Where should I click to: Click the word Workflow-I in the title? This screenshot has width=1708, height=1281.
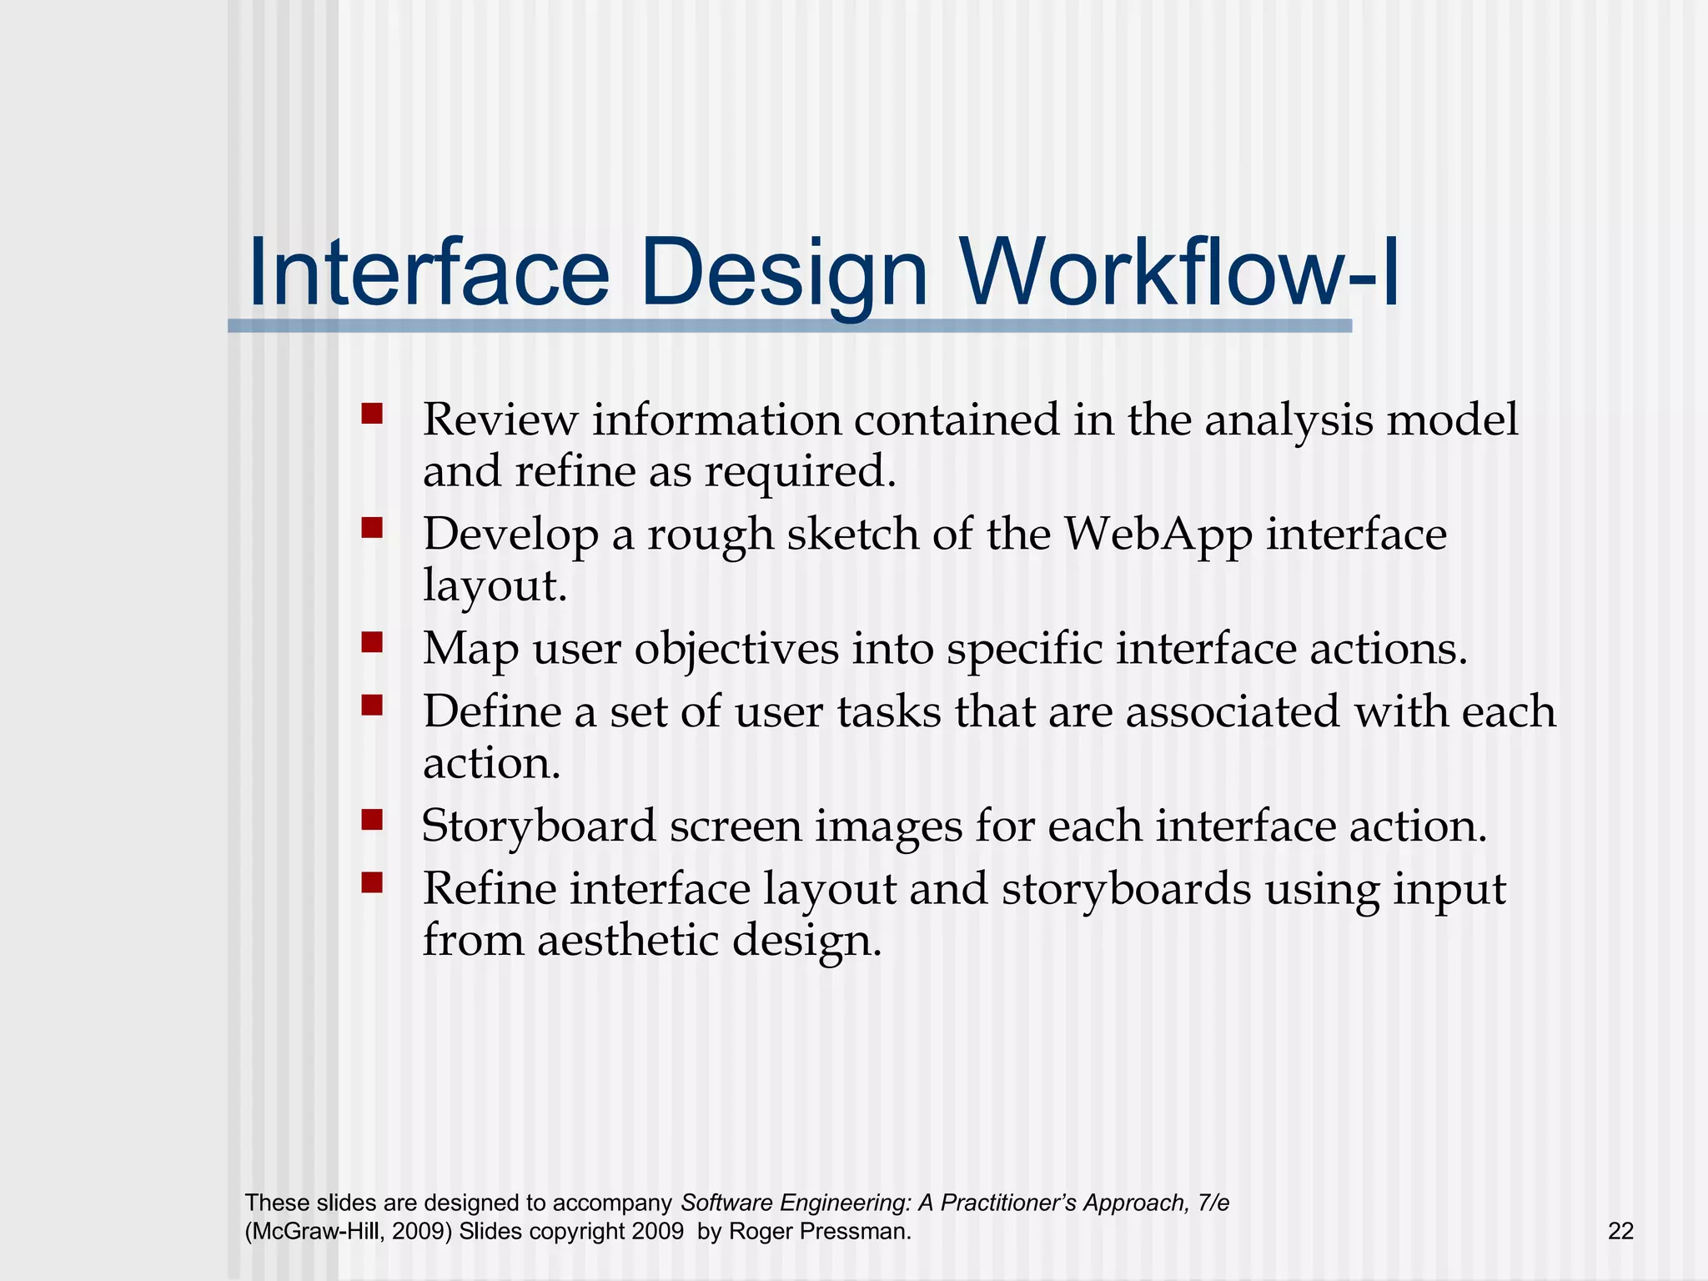pos(1179,274)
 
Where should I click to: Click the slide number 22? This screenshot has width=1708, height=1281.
pos(1620,1231)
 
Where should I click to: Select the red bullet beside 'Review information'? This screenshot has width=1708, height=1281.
pos(372,414)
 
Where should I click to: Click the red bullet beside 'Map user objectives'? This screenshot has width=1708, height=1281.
pos(372,641)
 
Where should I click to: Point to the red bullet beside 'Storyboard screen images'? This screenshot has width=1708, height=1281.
pos(372,820)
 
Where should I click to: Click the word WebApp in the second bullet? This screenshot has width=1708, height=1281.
pos(1158,535)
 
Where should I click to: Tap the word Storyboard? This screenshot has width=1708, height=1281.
pos(539,827)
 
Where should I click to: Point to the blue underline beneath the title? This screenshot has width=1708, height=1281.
pos(789,326)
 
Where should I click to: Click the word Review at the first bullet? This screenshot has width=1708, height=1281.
pos(500,419)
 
